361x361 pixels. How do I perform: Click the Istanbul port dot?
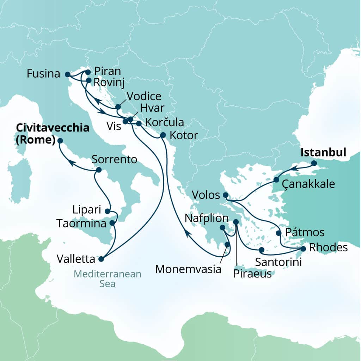point(314,164)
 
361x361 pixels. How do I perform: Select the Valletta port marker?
point(101,259)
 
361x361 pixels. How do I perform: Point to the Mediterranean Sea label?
point(107,279)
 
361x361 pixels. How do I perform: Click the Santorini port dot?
point(261,250)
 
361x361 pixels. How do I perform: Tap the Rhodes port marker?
point(303,249)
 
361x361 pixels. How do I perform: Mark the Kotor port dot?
point(163,135)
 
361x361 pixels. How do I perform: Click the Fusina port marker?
point(67,74)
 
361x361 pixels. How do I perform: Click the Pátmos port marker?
point(279,233)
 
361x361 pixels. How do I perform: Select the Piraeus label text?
point(253,274)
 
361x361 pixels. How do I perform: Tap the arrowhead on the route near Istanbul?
point(293,169)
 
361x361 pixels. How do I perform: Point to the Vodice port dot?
point(118,107)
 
